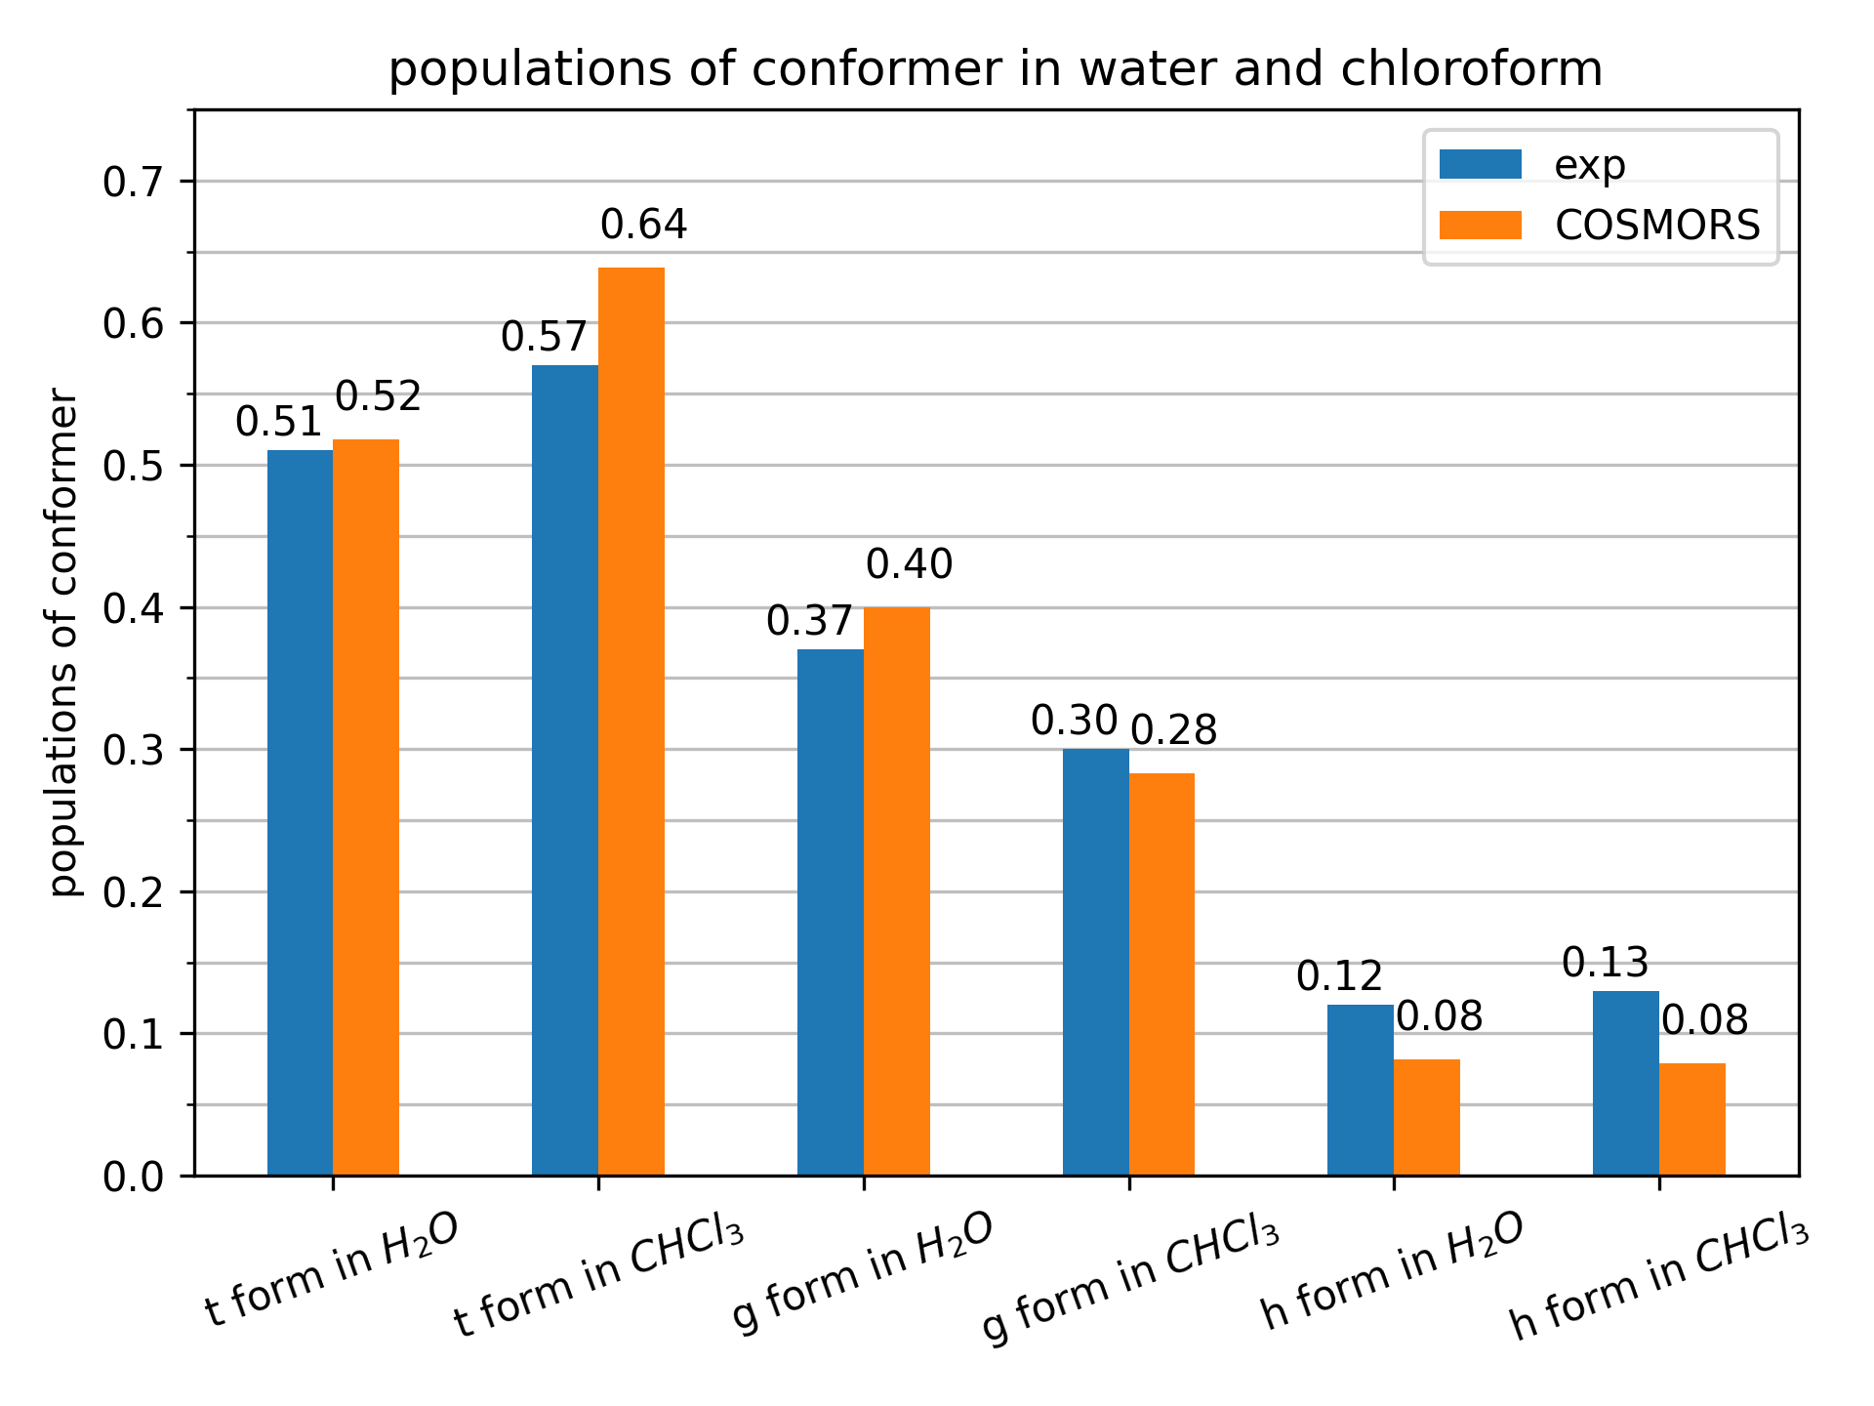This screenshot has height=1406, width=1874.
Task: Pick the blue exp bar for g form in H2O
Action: pos(831,912)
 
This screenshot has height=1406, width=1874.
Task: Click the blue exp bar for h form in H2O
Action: pos(1361,1090)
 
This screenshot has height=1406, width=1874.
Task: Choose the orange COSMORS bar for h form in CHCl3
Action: pos(1692,1119)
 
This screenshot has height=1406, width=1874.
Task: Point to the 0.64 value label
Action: pos(643,226)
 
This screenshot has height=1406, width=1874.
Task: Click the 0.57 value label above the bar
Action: pos(544,338)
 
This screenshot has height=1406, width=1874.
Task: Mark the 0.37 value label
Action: pos(809,621)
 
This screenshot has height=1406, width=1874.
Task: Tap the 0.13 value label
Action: pos(1605,964)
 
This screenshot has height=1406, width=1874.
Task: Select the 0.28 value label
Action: pos(1173,730)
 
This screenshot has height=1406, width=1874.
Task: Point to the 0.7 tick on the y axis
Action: pos(133,182)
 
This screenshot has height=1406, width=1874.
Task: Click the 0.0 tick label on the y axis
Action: pos(133,1177)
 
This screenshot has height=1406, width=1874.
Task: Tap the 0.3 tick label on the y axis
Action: pos(133,750)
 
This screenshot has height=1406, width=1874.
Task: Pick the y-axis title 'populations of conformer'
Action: pos(63,642)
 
